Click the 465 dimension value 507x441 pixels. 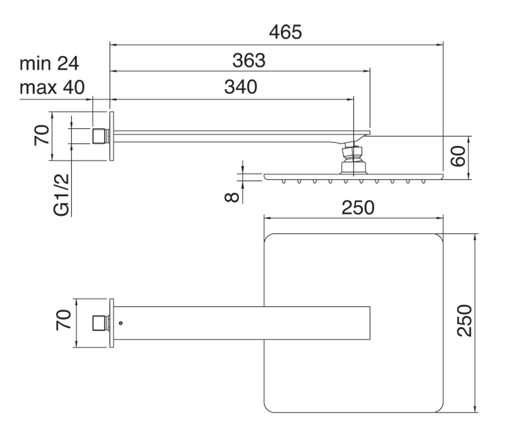(x=285, y=32)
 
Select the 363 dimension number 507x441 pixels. (x=249, y=60)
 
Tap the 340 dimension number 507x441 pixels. (x=241, y=87)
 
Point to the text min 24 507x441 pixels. (x=49, y=64)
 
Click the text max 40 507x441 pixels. (x=52, y=87)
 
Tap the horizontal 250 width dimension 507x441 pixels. (x=358, y=208)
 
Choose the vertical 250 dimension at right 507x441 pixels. (x=464, y=321)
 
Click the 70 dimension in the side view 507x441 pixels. (x=42, y=135)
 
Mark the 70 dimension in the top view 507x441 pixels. (x=63, y=320)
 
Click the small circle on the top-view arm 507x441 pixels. (x=121, y=323)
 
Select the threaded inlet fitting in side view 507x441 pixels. (x=100, y=136)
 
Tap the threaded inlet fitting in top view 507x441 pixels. (x=100, y=323)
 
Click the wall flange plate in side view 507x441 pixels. (x=112, y=135)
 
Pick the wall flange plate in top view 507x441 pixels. (x=112, y=323)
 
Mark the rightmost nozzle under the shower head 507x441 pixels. (x=424, y=181)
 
